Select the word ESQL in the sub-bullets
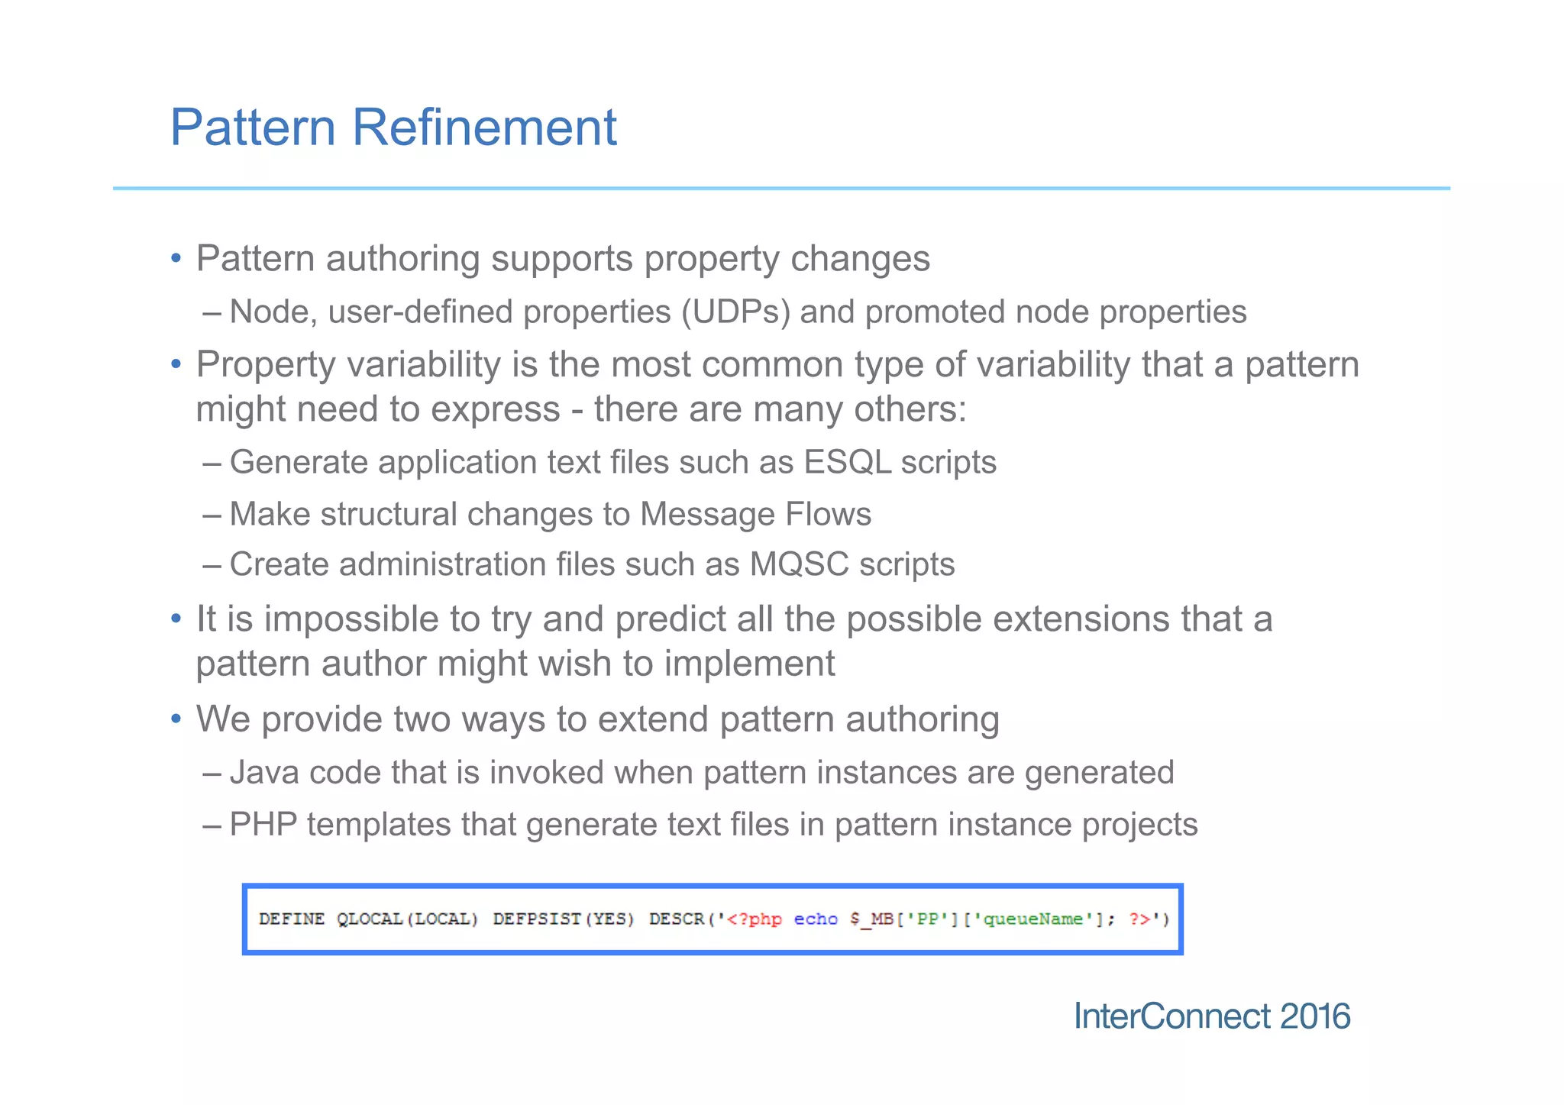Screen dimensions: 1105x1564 tap(847, 462)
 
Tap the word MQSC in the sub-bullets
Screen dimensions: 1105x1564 tap(799, 564)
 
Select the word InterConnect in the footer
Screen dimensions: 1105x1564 tap(1172, 1016)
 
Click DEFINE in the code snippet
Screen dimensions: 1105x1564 tap(292, 919)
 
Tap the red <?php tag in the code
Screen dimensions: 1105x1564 tap(754, 919)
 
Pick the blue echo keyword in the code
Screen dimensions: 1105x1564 tap(816, 919)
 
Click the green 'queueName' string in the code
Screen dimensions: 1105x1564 tap(1032, 919)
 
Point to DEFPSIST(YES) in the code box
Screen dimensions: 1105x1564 tap(564, 919)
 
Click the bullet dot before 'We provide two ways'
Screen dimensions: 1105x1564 tap(176, 719)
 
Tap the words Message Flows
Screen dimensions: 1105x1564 tap(755, 514)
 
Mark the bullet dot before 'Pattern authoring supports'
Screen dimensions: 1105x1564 tap(176, 258)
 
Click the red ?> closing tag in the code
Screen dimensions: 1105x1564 tap(1139, 919)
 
